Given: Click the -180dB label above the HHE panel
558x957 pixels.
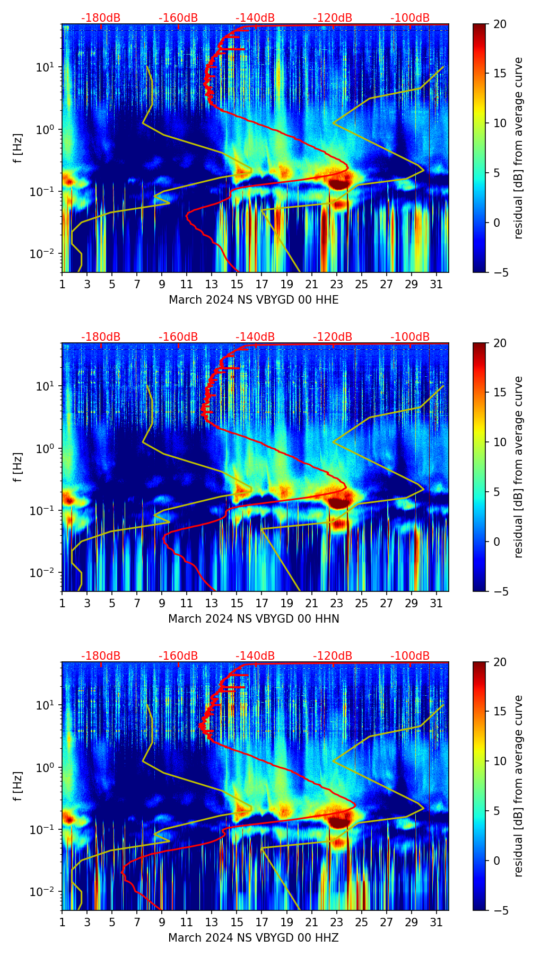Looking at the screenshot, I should pos(101,18).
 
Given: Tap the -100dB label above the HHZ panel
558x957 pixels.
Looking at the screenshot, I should pos(410,656).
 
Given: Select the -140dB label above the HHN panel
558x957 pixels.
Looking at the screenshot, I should pos(255,337).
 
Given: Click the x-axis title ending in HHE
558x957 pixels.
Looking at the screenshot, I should pos(254,300).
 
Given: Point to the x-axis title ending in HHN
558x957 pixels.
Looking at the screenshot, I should pos(254,619).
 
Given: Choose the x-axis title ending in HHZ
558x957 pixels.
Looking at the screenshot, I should pos(254,938).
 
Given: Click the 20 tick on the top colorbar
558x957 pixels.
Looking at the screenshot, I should pos(500,24).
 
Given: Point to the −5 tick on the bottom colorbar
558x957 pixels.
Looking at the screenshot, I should pos(500,910).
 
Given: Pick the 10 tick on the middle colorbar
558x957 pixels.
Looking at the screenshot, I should pos(500,442).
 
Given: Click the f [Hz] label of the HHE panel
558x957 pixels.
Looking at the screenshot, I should pos(18,148).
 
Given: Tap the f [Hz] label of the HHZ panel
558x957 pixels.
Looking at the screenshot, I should pos(18,786).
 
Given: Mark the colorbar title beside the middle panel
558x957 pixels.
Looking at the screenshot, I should pos(519,467).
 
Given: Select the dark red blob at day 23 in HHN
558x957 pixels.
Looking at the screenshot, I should pos(339,502).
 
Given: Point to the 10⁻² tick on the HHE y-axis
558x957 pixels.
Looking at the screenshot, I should pos(43,254).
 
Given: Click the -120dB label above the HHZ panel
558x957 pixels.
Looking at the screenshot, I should pos(333,656).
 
